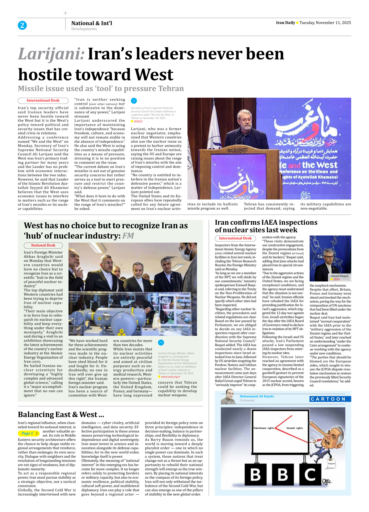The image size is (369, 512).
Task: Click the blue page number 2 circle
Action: (22, 25)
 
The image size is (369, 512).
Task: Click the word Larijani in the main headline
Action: (51, 54)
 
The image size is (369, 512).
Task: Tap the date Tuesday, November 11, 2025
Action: (325, 23)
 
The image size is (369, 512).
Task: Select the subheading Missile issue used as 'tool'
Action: (101, 89)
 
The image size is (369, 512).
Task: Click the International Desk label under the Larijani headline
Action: (43, 101)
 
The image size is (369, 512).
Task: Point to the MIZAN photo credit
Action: (138, 121)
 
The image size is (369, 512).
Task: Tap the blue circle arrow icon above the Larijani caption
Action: (134, 101)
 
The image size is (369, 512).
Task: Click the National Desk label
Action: (43, 245)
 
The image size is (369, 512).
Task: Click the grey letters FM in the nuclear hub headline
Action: (128, 236)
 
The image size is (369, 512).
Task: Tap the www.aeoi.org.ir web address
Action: (170, 377)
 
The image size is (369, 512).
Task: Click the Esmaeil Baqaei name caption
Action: (339, 276)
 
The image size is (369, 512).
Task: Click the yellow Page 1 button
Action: (29, 433)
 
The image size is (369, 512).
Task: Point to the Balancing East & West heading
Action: (61, 415)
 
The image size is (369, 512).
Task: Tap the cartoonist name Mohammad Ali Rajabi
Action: (257, 396)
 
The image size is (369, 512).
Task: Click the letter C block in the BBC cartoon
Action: (310, 475)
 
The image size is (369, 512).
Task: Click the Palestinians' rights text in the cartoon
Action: (264, 428)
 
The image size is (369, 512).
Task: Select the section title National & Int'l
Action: (92, 23)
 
